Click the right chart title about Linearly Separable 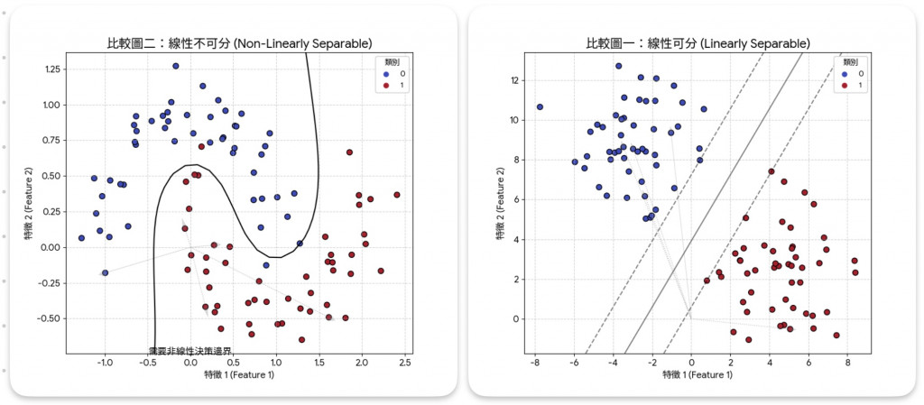tap(698, 42)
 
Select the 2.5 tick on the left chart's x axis tap(405, 363)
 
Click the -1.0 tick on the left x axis tap(104, 363)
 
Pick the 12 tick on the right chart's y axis tap(515, 80)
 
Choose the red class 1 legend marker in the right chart tap(846, 85)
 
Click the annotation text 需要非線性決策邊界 tap(189, 351)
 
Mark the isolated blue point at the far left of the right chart tap(540, 107)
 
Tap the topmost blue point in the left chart tap(176, 66)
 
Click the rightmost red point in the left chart tap(396, 195)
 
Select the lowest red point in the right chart tap(749, 340)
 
